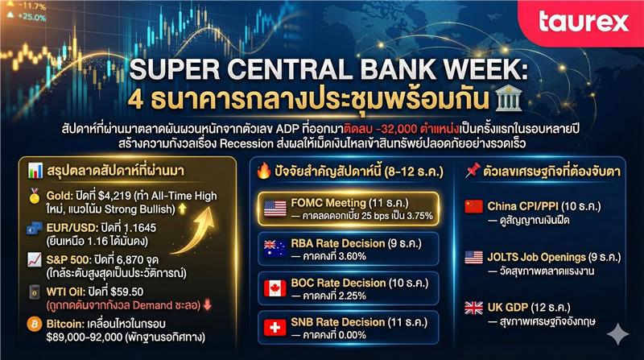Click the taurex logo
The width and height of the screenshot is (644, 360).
point(584,22)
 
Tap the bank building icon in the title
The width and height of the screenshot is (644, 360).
point(509,98)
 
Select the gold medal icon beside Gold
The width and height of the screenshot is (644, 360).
point(35,196)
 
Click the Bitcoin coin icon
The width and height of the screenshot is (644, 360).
point(35,325)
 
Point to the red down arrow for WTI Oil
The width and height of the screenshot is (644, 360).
point(208,305)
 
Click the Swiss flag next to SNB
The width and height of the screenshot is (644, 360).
point(275,328)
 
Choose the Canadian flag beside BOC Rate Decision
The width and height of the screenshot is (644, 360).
point(275,288)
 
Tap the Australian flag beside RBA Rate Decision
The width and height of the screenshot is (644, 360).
point(275,249)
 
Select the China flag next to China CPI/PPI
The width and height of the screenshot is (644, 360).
point(473,206)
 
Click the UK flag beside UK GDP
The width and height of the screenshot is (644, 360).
point(473,308)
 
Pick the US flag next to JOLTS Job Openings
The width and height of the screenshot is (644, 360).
point(473,257)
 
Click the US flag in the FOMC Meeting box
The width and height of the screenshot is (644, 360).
point(275,209)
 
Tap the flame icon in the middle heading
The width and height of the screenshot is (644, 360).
point(263,171)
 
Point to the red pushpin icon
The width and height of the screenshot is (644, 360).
point(473,170)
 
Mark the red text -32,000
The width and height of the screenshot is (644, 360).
point(396,129)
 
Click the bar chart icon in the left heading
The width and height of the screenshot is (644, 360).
point(35,171)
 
